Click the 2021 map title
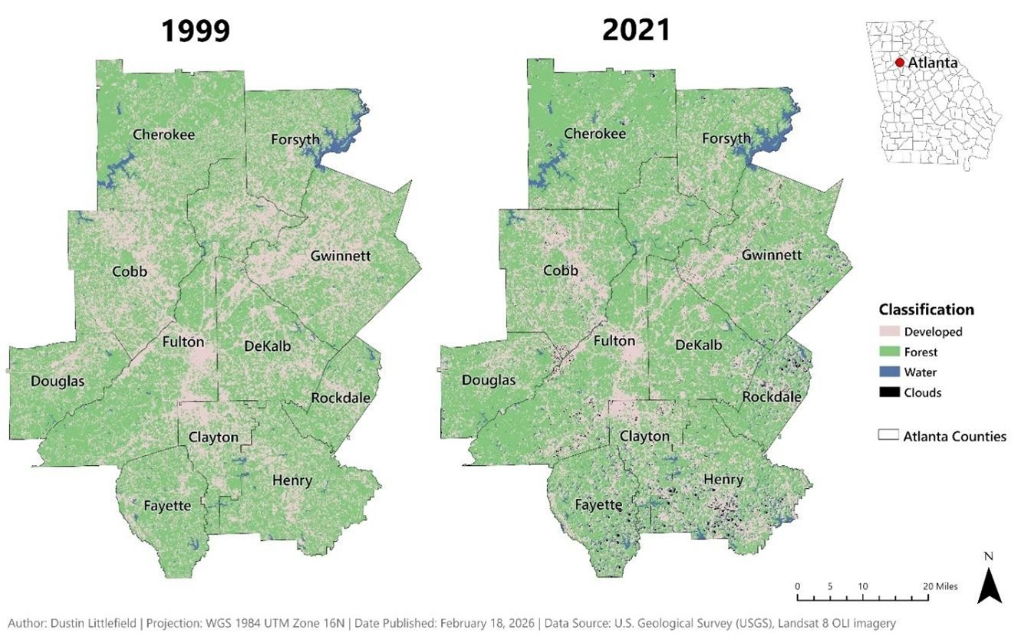636,30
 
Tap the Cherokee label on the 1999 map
163,135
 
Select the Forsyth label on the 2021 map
726,139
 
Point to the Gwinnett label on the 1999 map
341,255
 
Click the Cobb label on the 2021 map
560,270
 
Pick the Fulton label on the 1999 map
183,342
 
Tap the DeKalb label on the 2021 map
698,345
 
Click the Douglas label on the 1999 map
58,381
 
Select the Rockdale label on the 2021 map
772,397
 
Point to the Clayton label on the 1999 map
213,438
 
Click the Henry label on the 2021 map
723,480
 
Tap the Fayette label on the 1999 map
167,506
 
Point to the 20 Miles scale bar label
940,587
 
